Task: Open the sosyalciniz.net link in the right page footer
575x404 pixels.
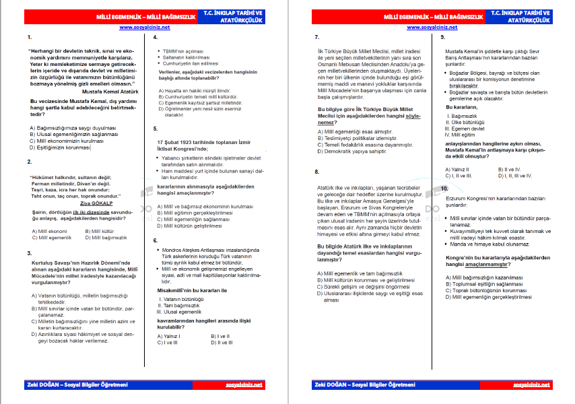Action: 531,384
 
